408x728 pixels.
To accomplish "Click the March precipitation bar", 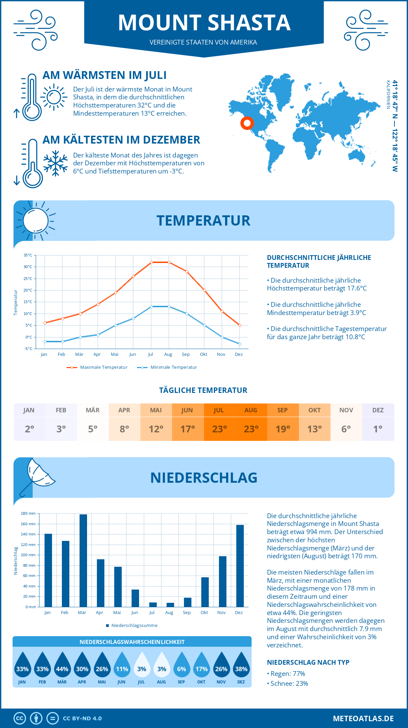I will click(83, 561).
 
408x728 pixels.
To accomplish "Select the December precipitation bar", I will click(240, 566).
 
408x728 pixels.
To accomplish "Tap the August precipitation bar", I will click(170, 605).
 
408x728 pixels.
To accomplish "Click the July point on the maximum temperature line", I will click(151, 262).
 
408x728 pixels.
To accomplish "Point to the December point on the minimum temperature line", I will click(240, 344).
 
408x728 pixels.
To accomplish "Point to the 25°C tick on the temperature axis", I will click(28, 279).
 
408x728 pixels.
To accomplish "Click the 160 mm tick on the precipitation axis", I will click(28, 524).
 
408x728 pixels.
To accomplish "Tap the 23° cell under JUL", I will click(219, 429).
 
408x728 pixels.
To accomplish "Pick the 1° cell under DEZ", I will click(378, 429).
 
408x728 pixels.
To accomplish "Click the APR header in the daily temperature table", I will click(124, 410).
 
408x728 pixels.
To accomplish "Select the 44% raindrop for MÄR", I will click(62, 665).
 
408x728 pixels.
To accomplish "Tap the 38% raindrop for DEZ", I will click(241, 665).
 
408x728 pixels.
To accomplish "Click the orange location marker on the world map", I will click(247, 123).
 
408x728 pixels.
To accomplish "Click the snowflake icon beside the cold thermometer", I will click(55, 163).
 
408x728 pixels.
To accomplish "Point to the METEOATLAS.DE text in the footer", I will click(363, 718).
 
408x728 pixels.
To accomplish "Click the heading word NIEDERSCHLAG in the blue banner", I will click(204, 478).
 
